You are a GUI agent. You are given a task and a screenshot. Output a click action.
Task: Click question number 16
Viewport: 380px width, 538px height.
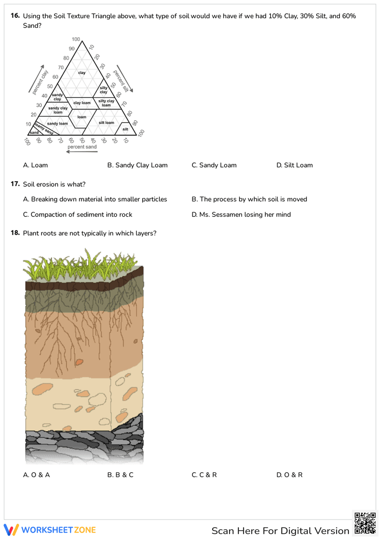[15, 16]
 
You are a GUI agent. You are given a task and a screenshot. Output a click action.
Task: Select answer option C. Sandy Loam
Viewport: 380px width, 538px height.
[214, 165]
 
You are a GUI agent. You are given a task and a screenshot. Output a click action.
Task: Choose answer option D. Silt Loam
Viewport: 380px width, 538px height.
[294, 165]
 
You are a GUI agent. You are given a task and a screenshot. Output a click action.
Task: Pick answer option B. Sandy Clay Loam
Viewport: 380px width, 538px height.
[137, 165]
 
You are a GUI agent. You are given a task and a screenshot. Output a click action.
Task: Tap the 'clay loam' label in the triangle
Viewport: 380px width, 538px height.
[82, 103]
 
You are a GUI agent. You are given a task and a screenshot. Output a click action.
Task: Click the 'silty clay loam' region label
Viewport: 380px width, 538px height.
[106, 103]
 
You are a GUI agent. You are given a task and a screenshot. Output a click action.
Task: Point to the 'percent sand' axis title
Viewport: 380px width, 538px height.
[82, 147]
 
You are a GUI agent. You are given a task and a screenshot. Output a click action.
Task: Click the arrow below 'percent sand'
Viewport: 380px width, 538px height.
[82, 152]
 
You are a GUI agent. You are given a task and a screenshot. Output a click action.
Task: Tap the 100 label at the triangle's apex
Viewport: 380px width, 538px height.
[76, 39]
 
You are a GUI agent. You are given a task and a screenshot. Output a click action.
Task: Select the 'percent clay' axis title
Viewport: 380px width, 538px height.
[40, 82]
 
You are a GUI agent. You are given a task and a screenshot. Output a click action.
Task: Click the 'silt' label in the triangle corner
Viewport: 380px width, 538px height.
[125, 129]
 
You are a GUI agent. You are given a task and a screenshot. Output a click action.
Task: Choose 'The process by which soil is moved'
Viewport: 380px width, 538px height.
[249, 199]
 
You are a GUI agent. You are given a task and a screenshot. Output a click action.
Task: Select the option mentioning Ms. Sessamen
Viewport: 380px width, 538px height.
[241, 215]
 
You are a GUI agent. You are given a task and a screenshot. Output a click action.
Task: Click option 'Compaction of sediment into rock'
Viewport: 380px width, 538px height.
[78, 215]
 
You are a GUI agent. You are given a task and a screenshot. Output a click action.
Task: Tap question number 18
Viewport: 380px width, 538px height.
[15, 233]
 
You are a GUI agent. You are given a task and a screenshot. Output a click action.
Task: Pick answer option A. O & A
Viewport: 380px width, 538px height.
[36, 475]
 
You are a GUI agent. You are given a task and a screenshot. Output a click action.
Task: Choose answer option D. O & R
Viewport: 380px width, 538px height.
[289, 475]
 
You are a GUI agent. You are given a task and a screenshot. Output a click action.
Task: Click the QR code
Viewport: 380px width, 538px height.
[365, 524]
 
